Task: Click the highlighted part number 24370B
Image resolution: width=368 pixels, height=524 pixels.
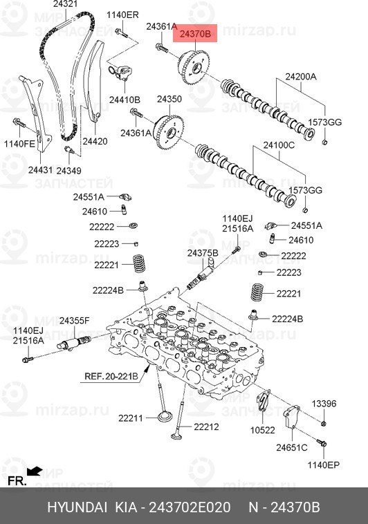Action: coord(197,32)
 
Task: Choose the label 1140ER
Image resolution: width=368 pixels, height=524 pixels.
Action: coord(122,15)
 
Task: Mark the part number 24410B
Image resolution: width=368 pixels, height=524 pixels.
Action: coord(125,100)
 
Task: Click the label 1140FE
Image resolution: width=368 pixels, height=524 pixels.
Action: coord(19,144)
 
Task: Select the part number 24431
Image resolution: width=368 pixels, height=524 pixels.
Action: coord(40,170)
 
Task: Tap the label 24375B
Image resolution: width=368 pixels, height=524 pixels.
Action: coord(202,254)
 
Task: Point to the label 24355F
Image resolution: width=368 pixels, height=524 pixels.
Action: coord(74,321)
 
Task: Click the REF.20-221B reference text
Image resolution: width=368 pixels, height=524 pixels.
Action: coord(111,377)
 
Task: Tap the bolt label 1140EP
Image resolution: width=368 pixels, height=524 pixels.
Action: coord(324,465)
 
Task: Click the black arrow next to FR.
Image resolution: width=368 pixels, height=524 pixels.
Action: coord(35,472)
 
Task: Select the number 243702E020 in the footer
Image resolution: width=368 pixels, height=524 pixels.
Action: coord(187,507)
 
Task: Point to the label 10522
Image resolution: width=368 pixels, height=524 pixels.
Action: coord(263,429)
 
